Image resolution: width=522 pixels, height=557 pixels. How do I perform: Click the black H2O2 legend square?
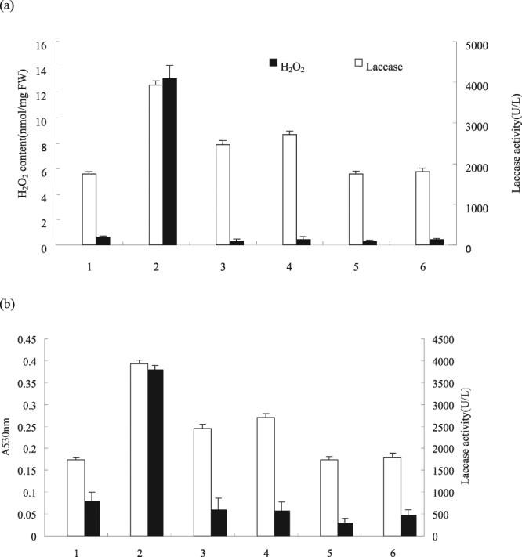pos(274,62)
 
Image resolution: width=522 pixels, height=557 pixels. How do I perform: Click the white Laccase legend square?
pos(361,62)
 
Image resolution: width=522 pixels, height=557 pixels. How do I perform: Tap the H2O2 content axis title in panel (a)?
pos(24,146)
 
